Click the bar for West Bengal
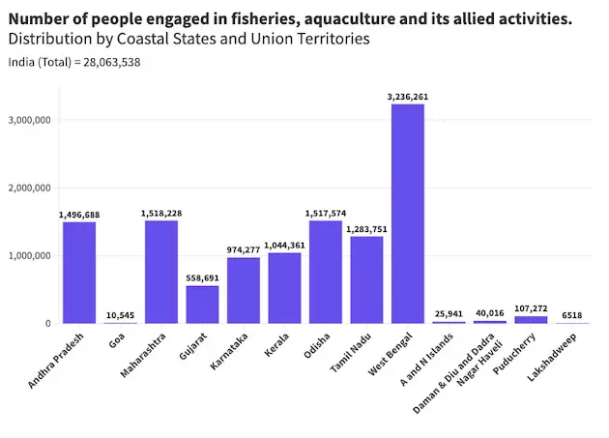tap(407, 213)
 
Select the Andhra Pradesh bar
tap(79, 273)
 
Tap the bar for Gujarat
tap(202, 305)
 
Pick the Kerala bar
tap(284, 288)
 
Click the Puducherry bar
tap(530, 320)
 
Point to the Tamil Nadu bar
tap(366, 279)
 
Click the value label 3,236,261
tap(407, 97)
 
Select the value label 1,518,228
tap(161, 214)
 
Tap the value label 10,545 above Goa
tap(120, 314)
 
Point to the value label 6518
tap(571, 315)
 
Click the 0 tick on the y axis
tap(47, 324)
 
